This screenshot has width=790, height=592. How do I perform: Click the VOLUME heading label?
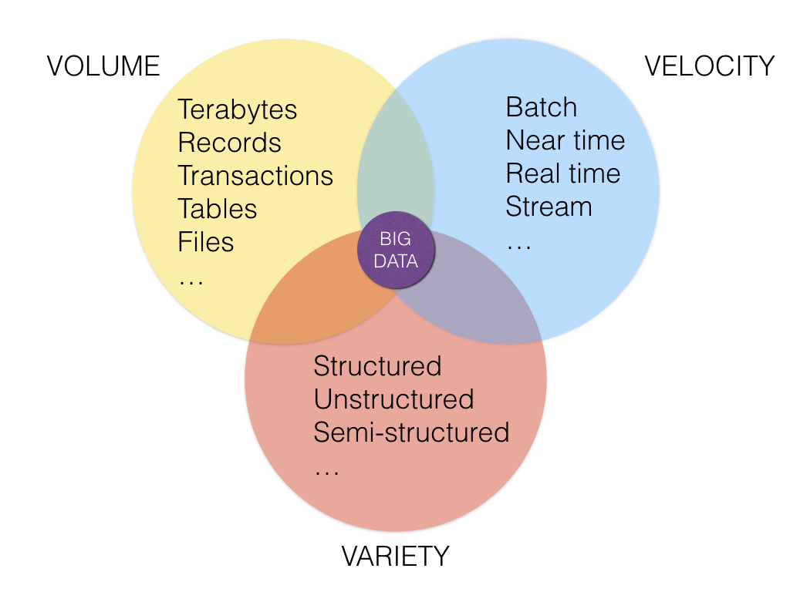(103, 66)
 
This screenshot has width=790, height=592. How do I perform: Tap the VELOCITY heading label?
(709, 66)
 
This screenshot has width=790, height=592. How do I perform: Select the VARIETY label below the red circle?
(395, 556)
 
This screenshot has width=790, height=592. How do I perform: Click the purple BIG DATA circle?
(396, 251)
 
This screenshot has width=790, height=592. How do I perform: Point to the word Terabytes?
(238, 109)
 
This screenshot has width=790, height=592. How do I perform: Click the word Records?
(230, 143)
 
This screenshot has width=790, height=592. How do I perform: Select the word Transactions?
(255, 176)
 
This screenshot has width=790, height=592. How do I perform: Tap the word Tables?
(218, 209)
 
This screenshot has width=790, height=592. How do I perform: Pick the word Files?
(206, 242)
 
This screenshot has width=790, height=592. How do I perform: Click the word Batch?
(542, 107)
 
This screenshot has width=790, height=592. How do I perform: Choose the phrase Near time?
(565, 140)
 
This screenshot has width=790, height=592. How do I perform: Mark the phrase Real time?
(563, 173)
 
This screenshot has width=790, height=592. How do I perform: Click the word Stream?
(549, 207)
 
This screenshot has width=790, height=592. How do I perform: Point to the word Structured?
(377, 365)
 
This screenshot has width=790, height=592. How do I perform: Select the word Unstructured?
(393, 399)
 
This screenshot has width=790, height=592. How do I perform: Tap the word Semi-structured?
(411, 432)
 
